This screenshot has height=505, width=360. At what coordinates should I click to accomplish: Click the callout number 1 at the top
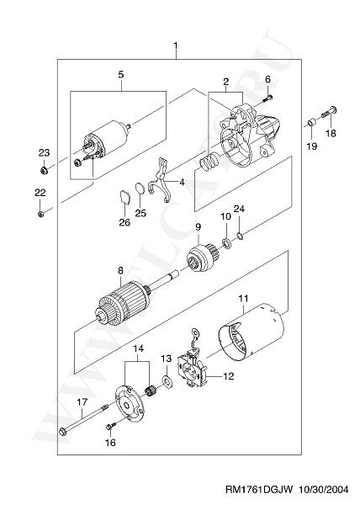click(176, 45)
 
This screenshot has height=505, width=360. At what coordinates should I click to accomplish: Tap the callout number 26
click(125, 222)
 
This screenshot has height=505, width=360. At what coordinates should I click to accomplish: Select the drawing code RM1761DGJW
click(259, 490)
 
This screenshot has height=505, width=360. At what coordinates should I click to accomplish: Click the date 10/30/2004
click(324, 490)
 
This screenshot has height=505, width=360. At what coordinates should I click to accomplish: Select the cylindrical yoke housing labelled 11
click(251, 333)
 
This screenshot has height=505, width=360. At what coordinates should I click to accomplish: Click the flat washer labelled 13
click(167, 381)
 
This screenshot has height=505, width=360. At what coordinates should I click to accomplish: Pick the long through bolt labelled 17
click(84, 418)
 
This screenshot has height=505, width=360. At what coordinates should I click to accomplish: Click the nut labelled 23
click(44, 169)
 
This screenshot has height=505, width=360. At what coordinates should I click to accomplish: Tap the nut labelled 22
click(40, 214)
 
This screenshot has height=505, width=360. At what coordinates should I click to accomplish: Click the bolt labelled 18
click(329, 113)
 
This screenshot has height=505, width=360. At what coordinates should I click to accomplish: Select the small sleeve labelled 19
click(311, 123)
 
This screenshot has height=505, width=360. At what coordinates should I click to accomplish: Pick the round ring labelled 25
click(140, 188)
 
